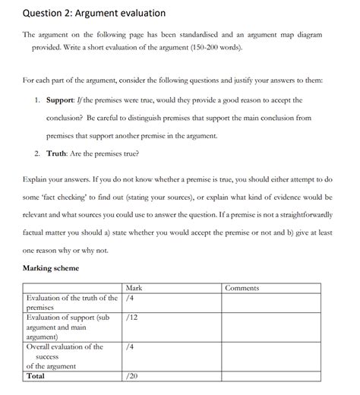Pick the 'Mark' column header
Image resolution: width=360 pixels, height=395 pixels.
(x=134, y=288)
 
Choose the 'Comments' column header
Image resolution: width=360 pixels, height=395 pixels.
(x=243, y=288)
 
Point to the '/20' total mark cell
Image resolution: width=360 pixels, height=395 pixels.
(x=133, y=376)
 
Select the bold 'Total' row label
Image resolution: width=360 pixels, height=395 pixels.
(x=36, y=376)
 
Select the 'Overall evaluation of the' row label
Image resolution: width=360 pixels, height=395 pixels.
(x=65, y=346)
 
